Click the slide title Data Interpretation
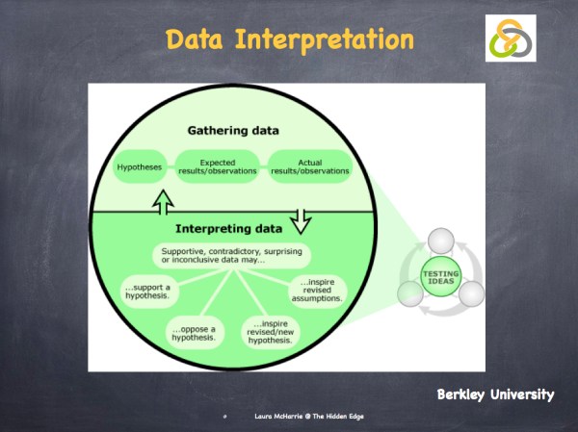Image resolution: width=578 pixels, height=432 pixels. (x=289, y=40)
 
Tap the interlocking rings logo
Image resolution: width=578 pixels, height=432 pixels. (x=509, y=37)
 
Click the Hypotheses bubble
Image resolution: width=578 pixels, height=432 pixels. (x=140, y=166)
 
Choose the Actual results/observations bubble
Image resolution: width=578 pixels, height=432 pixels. (x=309, y=166)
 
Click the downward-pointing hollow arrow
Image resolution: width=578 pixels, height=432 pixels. (x=299, y=220)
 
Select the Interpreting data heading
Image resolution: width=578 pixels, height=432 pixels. (x=229, y=229)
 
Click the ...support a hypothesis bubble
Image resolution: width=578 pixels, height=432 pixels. (x=147, y=291)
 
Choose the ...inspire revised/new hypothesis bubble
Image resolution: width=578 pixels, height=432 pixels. (x=271, y=330)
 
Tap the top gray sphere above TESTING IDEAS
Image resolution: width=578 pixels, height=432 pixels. (x=439, y=241)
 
